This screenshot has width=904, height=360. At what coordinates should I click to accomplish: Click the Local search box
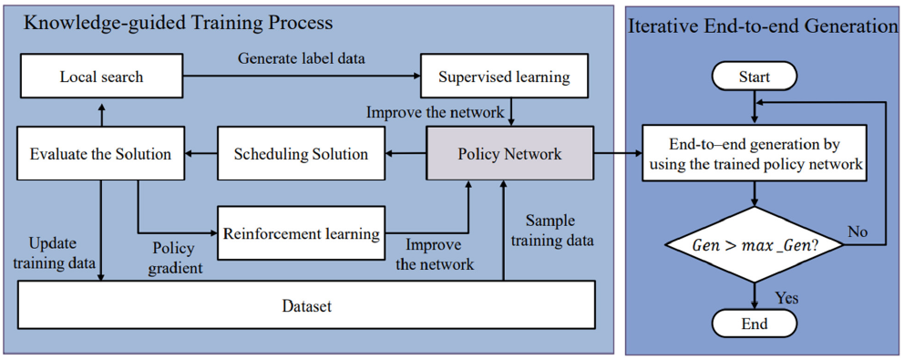pyautogui.click(x=101, y=77)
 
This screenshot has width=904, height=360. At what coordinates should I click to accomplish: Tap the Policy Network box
pyautogui.click(x=509, y=154)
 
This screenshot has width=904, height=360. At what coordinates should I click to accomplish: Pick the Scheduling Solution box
pyautogui.click(x=301, y=154)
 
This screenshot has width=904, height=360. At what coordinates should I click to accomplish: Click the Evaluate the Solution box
pyautogui.click(x=101, y=154)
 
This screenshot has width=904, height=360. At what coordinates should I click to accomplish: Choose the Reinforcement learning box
pyautogui.click(x=301, y=233)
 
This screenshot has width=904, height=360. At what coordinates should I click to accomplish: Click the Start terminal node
pyautogui.click(x=754, y=77)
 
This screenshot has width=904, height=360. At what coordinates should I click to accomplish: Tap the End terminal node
pyautogui.click(x=754, y=324)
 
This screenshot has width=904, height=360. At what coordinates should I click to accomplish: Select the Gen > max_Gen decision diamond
pyautogui.click(x=754, y=247)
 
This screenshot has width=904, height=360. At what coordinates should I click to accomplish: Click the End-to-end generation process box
pyautogui.click(x=754, y=154)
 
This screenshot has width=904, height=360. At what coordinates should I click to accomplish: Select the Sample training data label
pyautogui.click(x=553, y=231)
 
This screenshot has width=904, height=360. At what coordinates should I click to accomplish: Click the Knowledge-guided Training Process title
pyautogui.click(x=178, y=22)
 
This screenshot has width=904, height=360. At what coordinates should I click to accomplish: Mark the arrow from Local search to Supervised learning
pyautogui.click(x=301, y=77)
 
